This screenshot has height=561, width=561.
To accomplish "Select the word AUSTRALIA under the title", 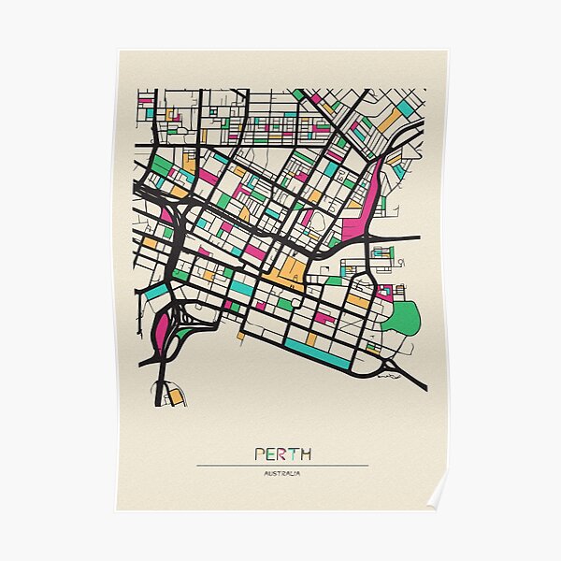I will tap(282, 473).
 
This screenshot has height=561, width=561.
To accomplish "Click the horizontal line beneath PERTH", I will tap(282, 465).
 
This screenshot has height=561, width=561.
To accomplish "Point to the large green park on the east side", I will tap(402, 318).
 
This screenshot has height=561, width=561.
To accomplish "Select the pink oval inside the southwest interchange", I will tap(165, 330).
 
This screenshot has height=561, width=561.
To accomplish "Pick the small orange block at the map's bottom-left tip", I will tap(176, 396).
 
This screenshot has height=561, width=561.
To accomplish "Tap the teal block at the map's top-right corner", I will tap(406, 109).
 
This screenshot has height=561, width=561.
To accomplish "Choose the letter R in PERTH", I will tap(282, 454).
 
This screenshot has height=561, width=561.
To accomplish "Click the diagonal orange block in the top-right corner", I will tap(388, 122).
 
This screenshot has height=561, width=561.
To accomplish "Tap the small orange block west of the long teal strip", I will tap(241, 334).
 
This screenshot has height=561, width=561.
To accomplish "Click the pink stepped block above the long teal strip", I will tap(324, 318).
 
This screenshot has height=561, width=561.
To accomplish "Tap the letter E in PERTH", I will tap(271, 454).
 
